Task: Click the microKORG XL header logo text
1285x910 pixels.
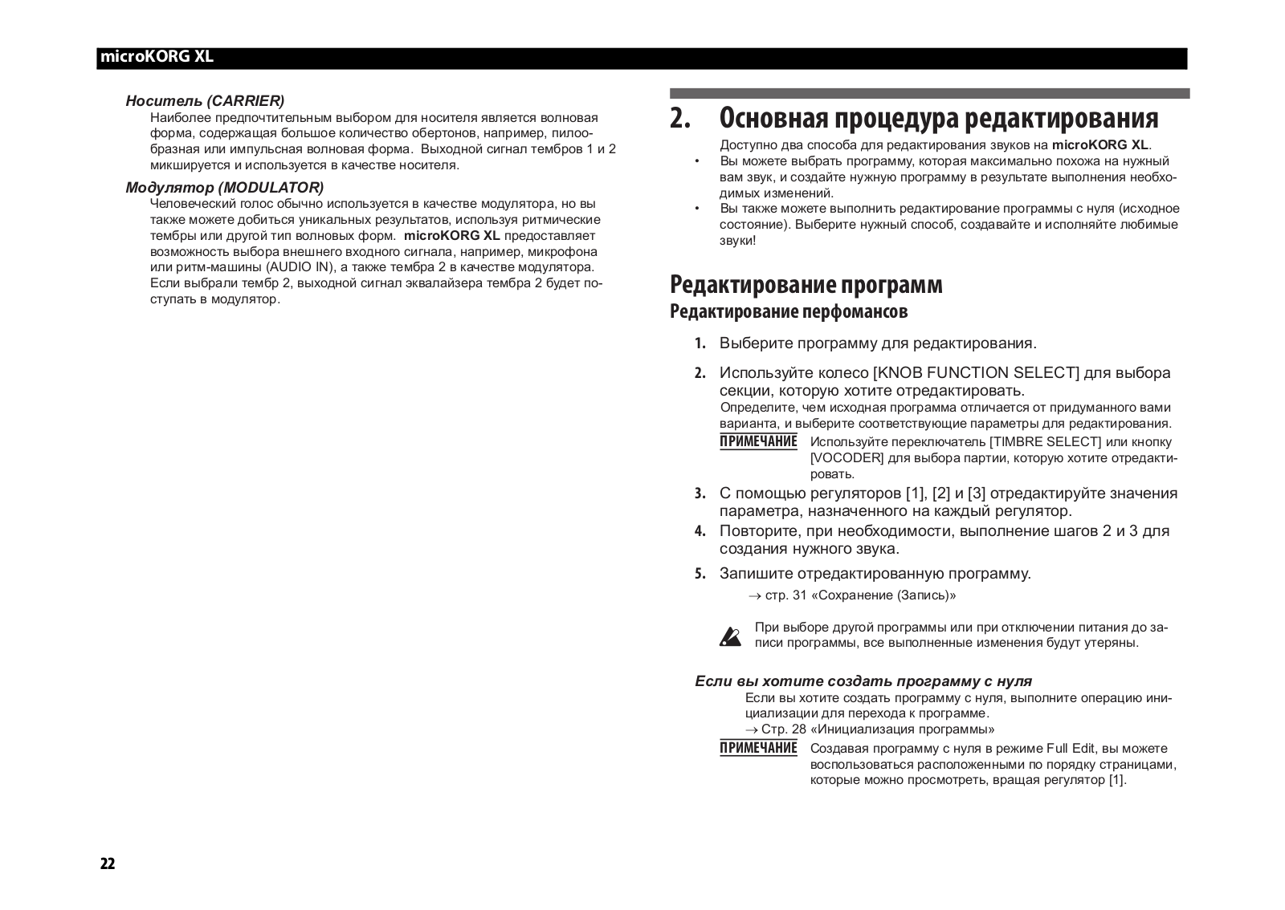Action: click(x=157, y=58)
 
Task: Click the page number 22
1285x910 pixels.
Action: click(x=108, y=863)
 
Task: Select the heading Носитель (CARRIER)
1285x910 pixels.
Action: click(x=205, y=101)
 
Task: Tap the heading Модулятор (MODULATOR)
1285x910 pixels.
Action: click(x=224, y=188)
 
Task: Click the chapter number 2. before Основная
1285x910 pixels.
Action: click(x=680, y=118)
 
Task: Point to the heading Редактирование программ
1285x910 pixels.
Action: click(x=806, y=285)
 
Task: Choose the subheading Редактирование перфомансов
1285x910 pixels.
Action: click(x=789, y=311)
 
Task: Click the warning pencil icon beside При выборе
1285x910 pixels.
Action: click(x=731, y=636)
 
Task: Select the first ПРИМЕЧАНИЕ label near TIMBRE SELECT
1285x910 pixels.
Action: click(x=758, y=442)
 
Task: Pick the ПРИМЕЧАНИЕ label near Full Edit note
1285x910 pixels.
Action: click(x=758, y=749)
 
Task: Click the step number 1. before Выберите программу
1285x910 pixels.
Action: click(x=700, y=344)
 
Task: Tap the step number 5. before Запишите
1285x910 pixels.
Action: click(x=700, y=574)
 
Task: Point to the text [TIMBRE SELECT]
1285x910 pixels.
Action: click(x=1045, y=442)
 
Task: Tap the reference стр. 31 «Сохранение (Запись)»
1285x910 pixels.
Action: click(x=860, y=595)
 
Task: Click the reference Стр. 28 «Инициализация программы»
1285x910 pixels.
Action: click(x=877, y=729)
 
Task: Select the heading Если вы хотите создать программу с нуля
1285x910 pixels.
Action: click(x=863, y=681)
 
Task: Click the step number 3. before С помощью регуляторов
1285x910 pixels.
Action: click(x=700, y=494)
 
